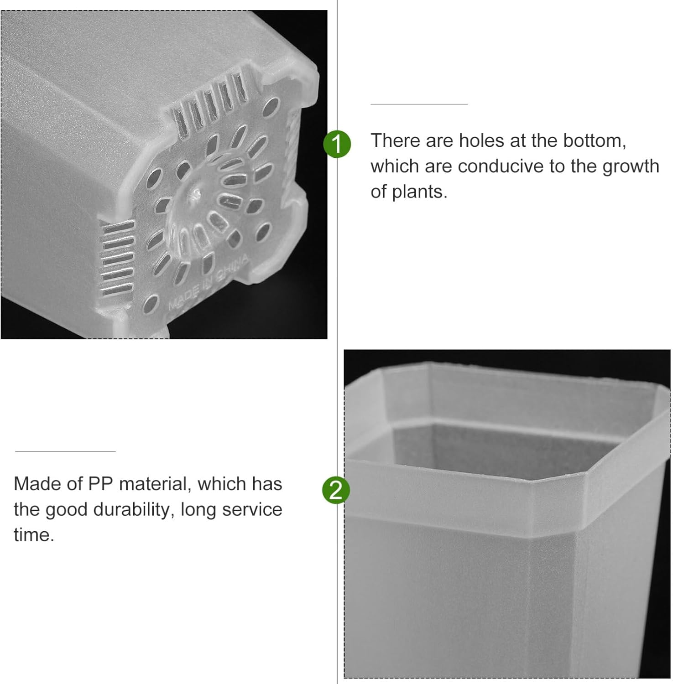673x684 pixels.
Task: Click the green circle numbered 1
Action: click(x=337, y=144)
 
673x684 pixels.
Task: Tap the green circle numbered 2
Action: click(x=336, y=490)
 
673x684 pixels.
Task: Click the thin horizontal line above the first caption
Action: click(x=419, y=104)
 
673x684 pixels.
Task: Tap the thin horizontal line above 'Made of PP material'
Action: click(x=65, y=451)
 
